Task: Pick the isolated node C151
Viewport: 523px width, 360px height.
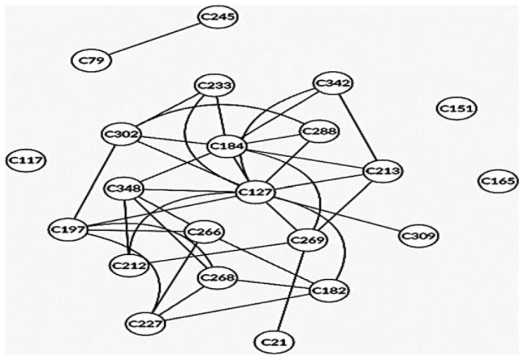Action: (x=457, y=109)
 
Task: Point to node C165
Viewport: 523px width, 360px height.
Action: (x=499, y=182)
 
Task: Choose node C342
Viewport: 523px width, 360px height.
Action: (x=333, y=84)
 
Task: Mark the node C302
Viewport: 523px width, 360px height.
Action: (x=122, y=133)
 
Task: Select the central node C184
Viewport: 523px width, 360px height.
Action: (x=227, y=146)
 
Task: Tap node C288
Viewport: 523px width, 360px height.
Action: (x=319, y=131)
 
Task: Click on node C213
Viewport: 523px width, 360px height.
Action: (x=383, y=171)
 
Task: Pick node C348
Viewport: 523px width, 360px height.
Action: (x=124, y=189)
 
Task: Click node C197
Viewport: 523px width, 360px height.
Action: (x=68, y=229)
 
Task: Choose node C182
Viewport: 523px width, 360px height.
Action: (x=329, y=291)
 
